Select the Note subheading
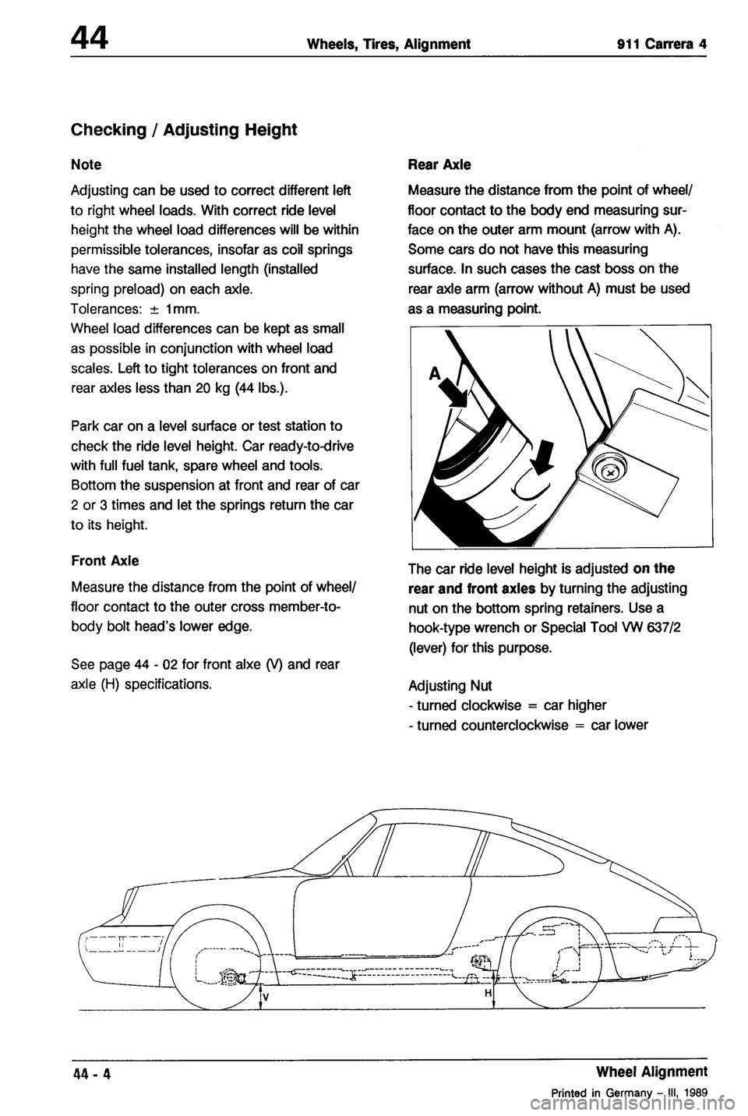pyautogui.click(x=86, y=165)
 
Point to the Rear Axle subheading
pyautogui.click(x=439, y=165)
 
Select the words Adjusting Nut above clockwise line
pyautogui.click(x=448, y=687)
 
